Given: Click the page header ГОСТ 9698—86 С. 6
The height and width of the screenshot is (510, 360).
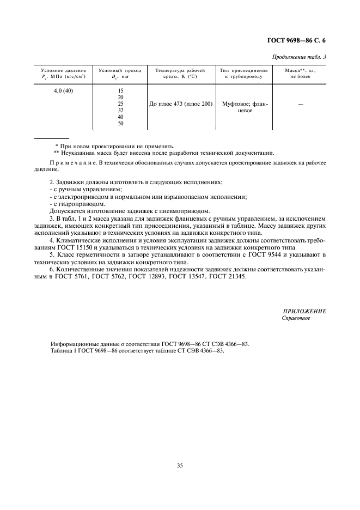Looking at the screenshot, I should tap(300, 41).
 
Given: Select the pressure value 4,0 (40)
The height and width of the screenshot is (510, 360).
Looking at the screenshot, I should tap(63, 90).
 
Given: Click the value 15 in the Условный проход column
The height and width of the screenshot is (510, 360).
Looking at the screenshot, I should tap(120, 90).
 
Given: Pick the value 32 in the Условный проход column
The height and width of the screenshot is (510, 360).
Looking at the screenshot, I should tap(120, 110).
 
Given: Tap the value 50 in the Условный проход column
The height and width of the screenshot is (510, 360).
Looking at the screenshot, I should tap(120, 123).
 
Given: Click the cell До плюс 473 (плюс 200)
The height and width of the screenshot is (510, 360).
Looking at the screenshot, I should tap(180, 104).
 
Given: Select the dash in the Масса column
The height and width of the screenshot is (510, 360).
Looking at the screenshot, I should tap(300, 104).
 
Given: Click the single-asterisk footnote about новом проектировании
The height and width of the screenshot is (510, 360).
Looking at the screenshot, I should tap(115, 146).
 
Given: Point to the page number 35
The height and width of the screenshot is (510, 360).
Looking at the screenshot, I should tap(180, 465).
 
